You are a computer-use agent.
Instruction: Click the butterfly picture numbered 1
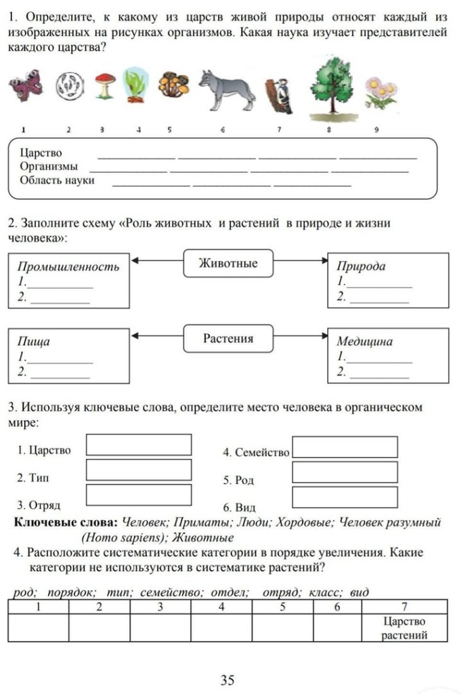[24, 88]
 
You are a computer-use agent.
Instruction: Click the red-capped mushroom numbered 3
[102, 86]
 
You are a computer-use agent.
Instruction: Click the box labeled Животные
[228, 263]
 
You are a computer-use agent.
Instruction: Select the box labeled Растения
[228, 338]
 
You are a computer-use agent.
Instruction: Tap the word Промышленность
[68, 266]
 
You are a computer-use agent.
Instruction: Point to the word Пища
[34, 342]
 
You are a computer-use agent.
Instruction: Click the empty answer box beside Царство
[139, 445]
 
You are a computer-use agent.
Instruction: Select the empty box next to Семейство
[345, 447]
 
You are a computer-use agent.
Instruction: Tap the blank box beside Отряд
[139, 494]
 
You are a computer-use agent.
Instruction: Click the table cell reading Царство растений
[404, 628]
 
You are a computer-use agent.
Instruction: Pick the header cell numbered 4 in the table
[221, 607]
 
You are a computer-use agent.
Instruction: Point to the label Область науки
[57, 180]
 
